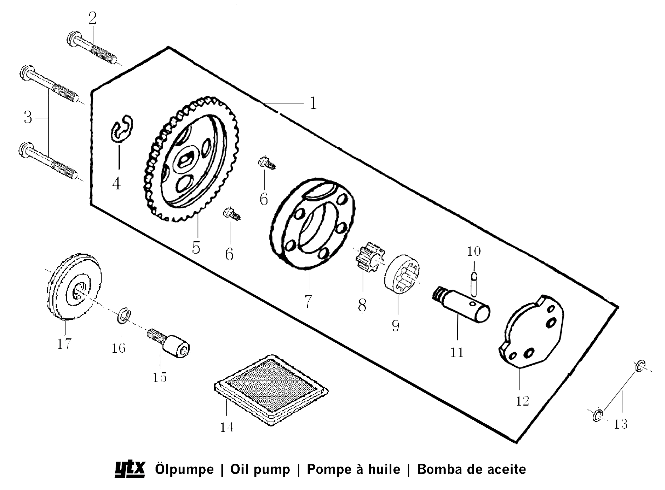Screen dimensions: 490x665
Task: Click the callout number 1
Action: coord(313,103)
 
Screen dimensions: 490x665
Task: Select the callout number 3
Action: coord(28,117)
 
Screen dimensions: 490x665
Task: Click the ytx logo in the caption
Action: coord(130,469)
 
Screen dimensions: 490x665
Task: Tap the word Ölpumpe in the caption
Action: coord(184,469)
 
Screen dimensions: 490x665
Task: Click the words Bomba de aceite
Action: coord(471,469)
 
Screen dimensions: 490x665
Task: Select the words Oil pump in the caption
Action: coord(260,469)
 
